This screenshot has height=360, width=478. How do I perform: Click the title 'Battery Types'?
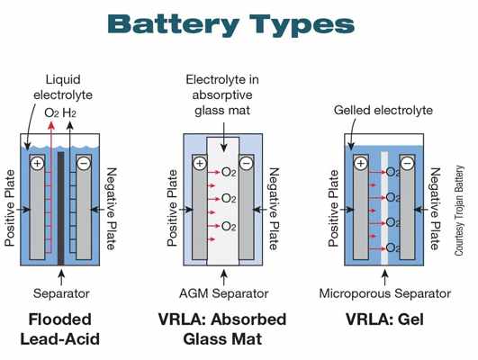coord(239,24)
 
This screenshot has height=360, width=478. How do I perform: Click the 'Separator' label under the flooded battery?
coord(60,293)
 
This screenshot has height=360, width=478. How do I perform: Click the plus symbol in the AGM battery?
coord(198,165)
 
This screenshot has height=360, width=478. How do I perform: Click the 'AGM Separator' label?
coord(224,293)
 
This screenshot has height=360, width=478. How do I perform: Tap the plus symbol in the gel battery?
coord(360,164)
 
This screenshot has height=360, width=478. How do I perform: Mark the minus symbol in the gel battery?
coord(406,164)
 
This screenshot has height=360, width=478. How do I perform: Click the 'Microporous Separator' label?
coord(385,293)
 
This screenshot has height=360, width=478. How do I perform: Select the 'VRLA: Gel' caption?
coord(385,319)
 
